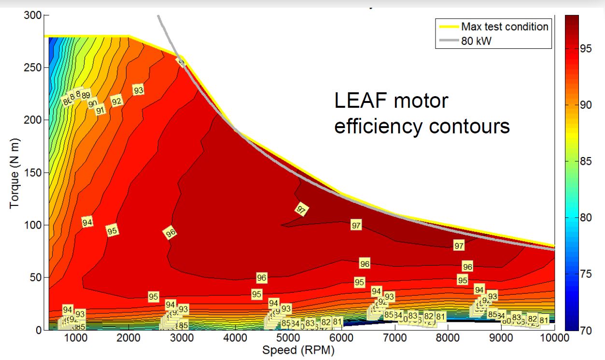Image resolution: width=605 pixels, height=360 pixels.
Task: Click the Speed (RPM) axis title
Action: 298,350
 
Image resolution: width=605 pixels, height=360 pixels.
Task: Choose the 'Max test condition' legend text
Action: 505,27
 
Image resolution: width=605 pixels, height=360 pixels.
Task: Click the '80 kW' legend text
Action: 477,41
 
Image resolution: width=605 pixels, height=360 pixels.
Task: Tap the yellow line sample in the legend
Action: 447,27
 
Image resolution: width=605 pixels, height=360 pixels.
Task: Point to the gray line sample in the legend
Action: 447,41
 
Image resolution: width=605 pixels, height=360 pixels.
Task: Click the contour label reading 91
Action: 100,110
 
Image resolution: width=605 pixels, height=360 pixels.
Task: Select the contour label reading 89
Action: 85,95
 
